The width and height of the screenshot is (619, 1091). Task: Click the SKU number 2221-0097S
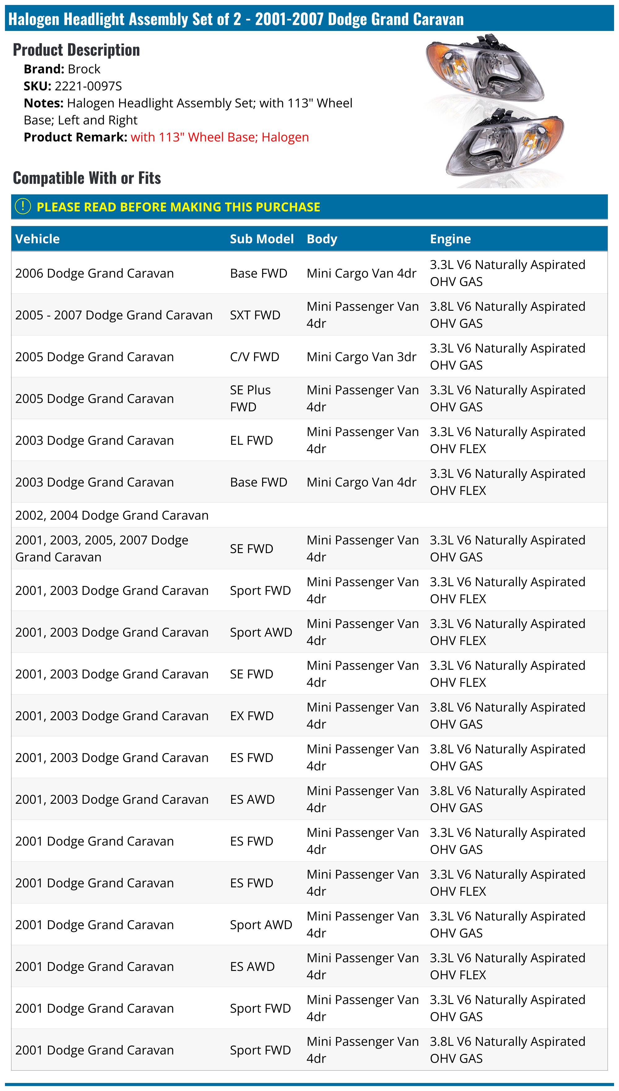pos(88,86)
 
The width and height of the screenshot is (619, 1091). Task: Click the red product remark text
pos(219,137)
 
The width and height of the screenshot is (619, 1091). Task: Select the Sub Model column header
pos(262,239)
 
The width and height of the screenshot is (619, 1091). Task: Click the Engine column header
pos(450,239)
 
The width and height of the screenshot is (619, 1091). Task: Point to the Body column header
pos(322,239)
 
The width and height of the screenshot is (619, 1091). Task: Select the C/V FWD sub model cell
pos(254,357)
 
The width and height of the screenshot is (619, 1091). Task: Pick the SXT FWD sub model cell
pos(255,315)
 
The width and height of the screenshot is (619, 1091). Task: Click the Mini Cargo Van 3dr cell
pos(361,357)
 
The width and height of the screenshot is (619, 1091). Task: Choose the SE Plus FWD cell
pos(250,398)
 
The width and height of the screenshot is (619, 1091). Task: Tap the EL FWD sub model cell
pos(251,440)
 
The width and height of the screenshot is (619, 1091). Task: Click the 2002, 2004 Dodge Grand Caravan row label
pos(112,515)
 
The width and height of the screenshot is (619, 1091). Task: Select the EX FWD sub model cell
pos(252,716)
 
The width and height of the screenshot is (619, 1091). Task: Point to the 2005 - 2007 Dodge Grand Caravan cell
pos(114,315)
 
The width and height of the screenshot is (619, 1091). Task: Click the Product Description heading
pos(76,50)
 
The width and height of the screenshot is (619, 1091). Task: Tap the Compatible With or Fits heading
pos(87,178)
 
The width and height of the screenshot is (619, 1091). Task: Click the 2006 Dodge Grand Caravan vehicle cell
pos(94,273)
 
